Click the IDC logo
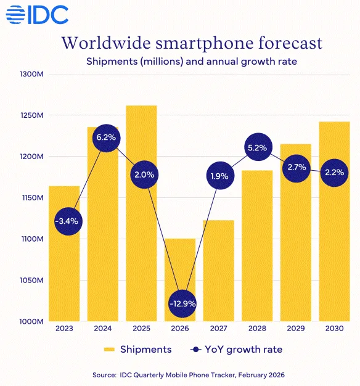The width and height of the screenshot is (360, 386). click(x=37, y=15)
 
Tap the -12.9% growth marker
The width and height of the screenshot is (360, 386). click(x=182, y=303)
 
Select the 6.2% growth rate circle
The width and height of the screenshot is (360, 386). click(x=106, y=138)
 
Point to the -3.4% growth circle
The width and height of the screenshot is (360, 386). click(x=68, y=221)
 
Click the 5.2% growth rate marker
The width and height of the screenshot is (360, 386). click(x=258, y=147)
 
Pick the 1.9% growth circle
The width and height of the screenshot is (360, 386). click(x=220, y=176)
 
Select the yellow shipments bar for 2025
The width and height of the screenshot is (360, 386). click(x=141, y=213)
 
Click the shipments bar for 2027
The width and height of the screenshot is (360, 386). click(x=218, y=271)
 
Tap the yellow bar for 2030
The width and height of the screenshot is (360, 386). click(x=334, y=221)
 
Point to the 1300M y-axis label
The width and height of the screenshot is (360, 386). click(x=31, y=74)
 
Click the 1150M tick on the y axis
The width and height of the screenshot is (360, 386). click(x=33, y=198)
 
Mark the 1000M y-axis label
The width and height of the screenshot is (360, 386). click(x=31, y=321)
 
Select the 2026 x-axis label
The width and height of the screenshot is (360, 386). click(x=180, y=329)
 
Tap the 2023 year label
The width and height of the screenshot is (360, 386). click(x=64, y=329)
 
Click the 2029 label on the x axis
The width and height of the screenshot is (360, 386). click(x=296, y=329)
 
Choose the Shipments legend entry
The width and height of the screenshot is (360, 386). click(x=137, y=350)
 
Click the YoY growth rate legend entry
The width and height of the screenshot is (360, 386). click(x=236, y=350)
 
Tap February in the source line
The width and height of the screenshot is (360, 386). click(x=252, y=375)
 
